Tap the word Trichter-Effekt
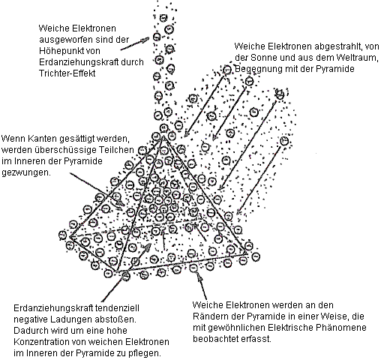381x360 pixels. click(x=67, y=73)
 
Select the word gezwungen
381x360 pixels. click(x=26, y=172)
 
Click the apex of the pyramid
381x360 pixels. click(x=163, y=136)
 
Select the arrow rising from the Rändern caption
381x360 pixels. click(x=202, y=285)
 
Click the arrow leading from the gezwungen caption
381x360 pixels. click(x=97, y=189)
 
